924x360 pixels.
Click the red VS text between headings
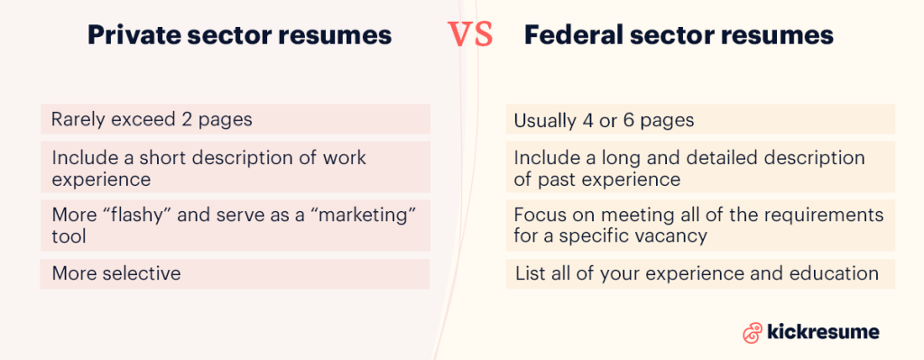tap(470, 35)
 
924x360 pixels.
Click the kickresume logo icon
tap(752, 332)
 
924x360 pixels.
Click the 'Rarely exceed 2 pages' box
tap(236, 119)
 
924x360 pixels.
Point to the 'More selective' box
tap(236, 273)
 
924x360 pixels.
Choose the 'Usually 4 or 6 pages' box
tap(700, 120)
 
